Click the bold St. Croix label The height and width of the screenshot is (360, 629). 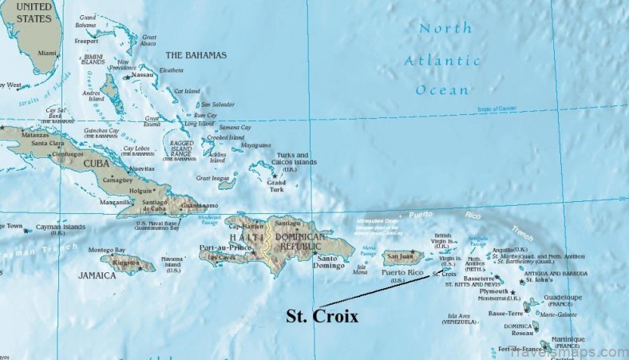[x=322, y=316]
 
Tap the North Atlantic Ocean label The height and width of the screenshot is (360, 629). [x=441, y=59]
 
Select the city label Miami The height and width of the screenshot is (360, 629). [x=48, y=53]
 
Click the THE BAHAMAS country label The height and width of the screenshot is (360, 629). [x=196, y=55]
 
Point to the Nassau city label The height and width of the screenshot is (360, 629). [x=143, y=75]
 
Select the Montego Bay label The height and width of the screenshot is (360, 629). [x=107, y=250]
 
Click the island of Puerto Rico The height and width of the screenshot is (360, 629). [x=402, y=257]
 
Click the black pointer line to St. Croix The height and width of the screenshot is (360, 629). [x=375, y=289]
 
